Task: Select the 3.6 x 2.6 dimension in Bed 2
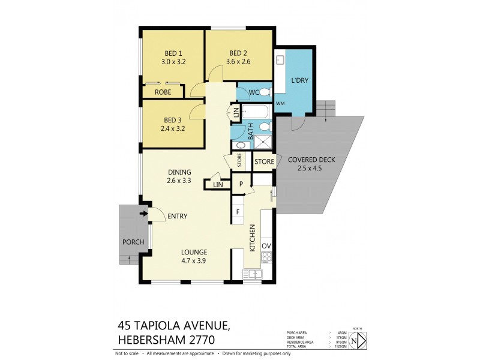(x=239, y=61)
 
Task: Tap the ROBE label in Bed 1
(x=163, y=92)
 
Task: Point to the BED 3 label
(x=173, y=119)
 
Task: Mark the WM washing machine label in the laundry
(x=280, y=104)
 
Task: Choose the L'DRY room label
(x=299, y=80)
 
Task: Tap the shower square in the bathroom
(x=263, y=142)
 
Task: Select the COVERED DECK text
(x=311, y=160)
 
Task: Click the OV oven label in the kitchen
(x=267, y=246)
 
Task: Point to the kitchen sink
(x=254, y=274)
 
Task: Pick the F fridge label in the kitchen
(x=238, y=212)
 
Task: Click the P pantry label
(x=241, y=184)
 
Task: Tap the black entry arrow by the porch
(x=144, y=212)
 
